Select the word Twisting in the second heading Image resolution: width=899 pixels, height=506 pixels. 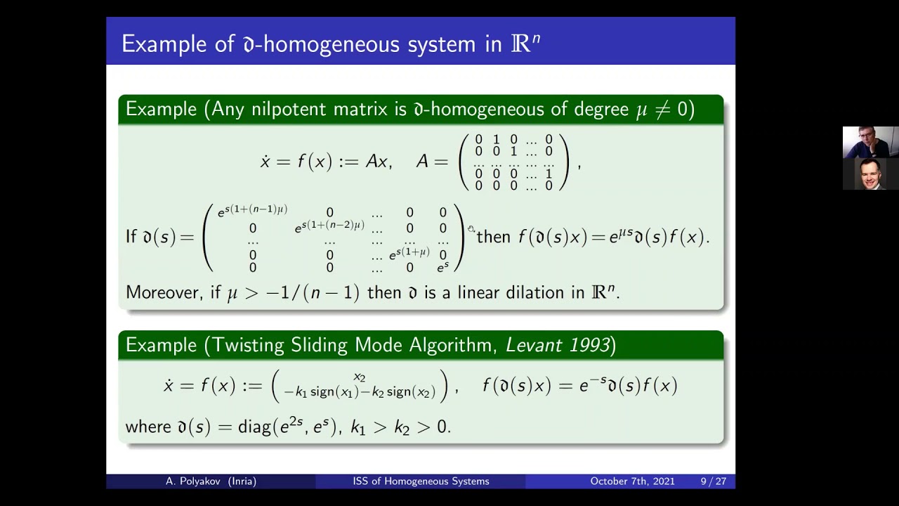tap(251, 345)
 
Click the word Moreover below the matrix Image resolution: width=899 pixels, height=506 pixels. tap(164, 292)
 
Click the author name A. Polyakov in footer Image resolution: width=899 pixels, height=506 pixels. tap(211, 481)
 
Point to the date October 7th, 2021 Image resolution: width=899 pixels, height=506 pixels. tap(632, 481)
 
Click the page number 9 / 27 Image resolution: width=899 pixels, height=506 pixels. tap(713, 481)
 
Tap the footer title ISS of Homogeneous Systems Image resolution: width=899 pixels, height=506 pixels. tap(421, 481)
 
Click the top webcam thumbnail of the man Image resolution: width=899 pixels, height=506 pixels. tap(870, 142)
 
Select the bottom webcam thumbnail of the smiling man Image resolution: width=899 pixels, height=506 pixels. tap(870, 174)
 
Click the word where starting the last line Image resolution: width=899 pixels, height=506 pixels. tap(148, 427)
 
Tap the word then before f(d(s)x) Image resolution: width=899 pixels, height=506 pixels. tap(493, 238)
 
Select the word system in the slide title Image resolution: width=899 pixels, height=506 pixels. tap(438, 44)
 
